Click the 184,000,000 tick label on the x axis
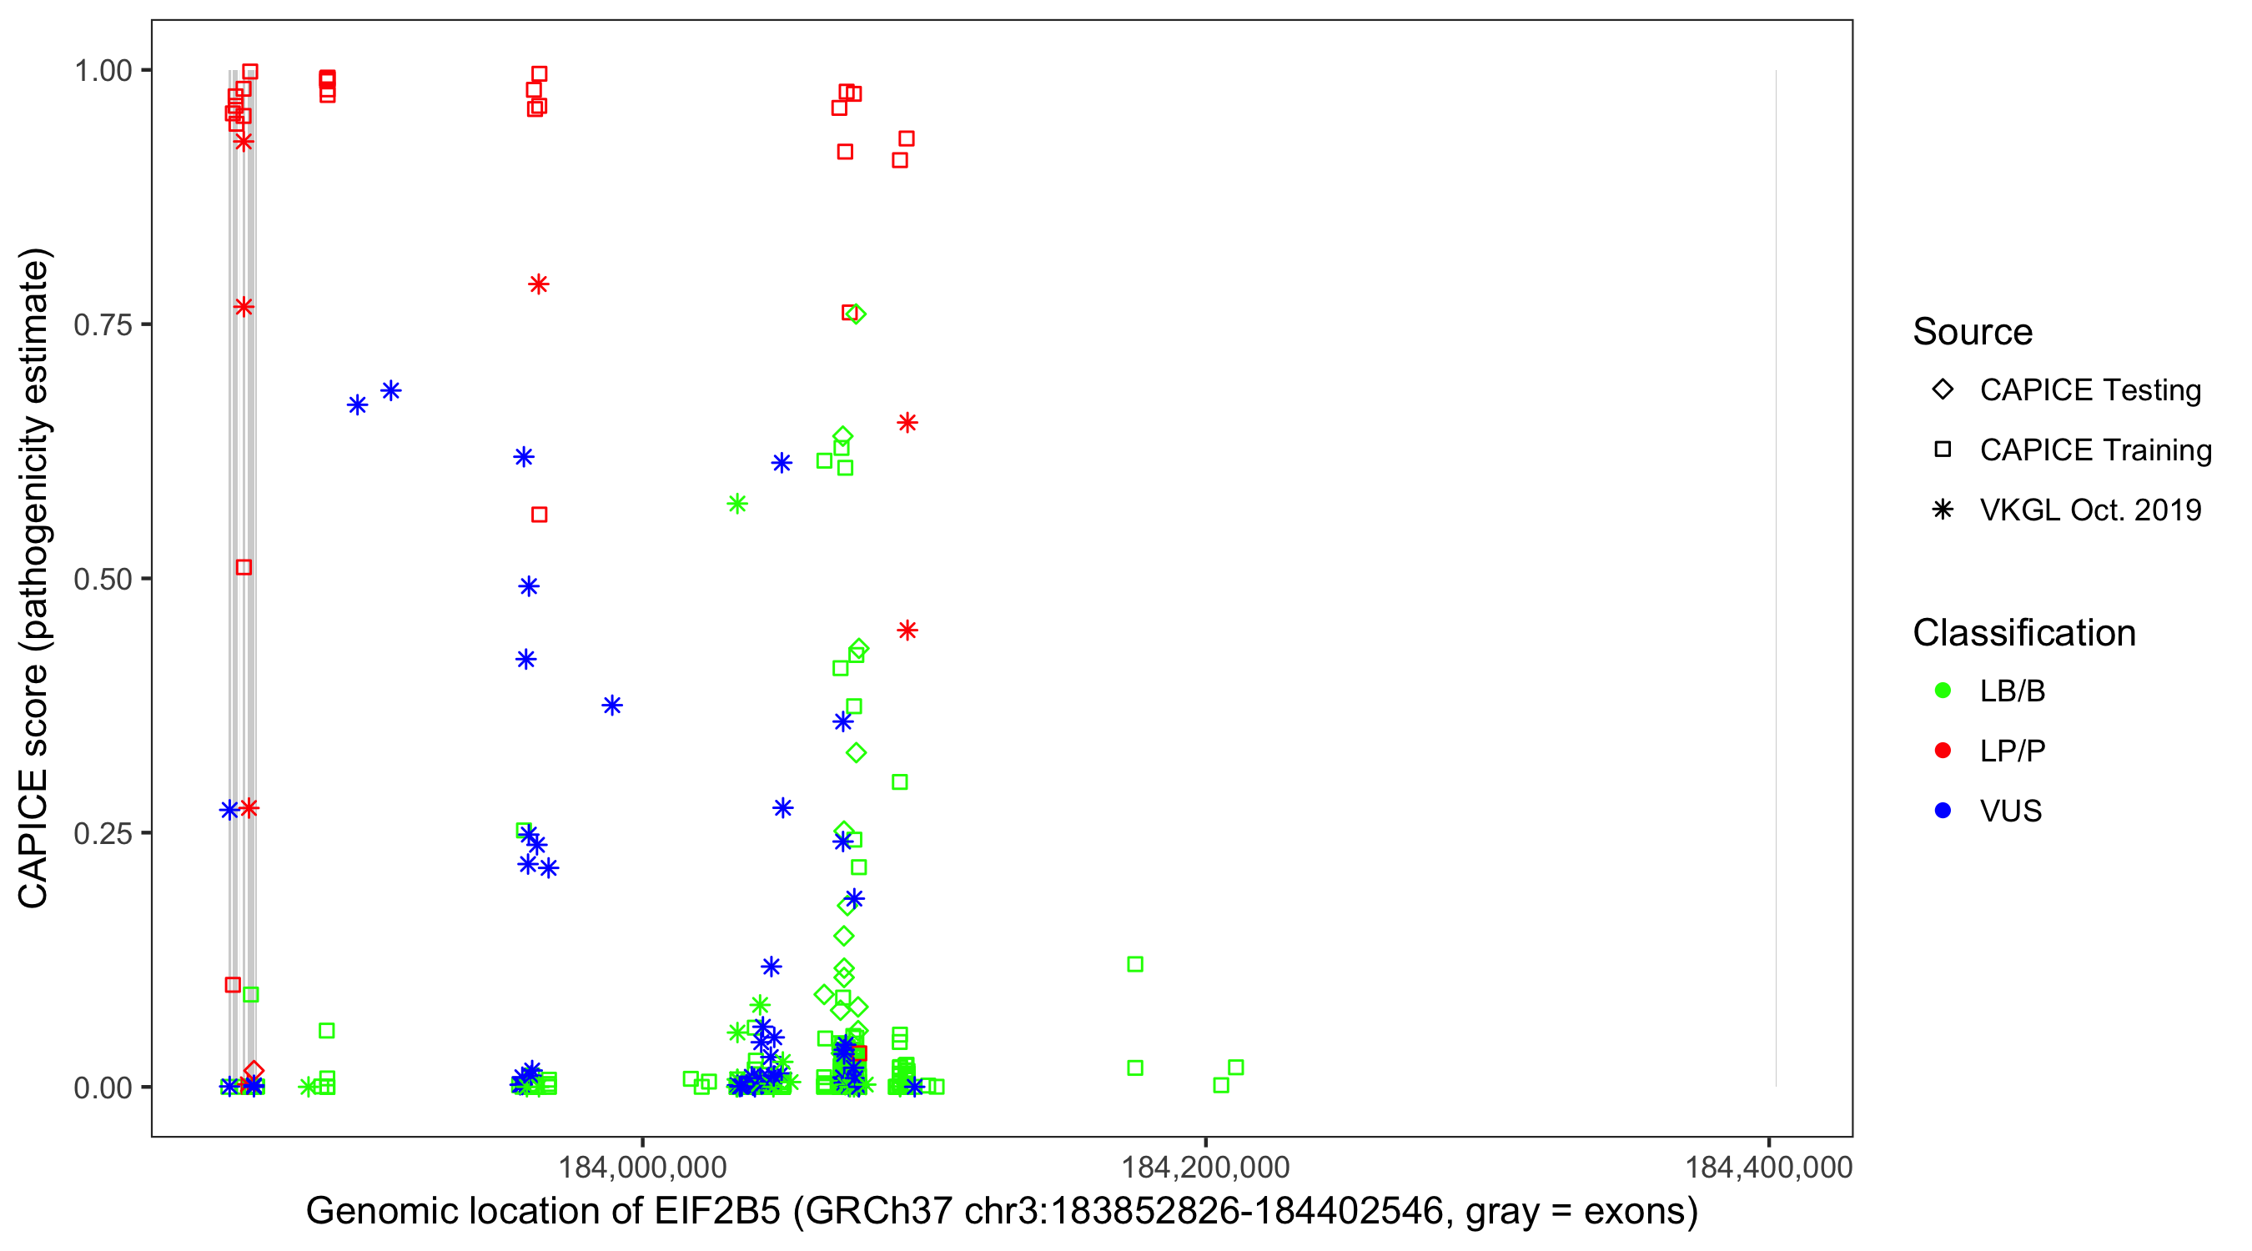[x=641, y=1166]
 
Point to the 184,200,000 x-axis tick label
[x=1204, y=1166]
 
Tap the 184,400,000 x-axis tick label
[x=1767, y=1166]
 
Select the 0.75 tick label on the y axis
[x=103, y=325]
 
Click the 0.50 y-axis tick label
[x=103, y=579]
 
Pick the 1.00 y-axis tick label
[x=103, y=71]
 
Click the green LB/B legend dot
[x=1943, y=691]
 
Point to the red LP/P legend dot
[x=1943, y=751]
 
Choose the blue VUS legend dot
[x=1943, y=811]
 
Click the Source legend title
[x=1973, y=332]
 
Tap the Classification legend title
[x=2023, y=633]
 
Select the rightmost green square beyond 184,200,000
[x=1235, y=1068]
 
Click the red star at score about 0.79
[x=539, y=284]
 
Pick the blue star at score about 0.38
[x=612, y=706]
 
